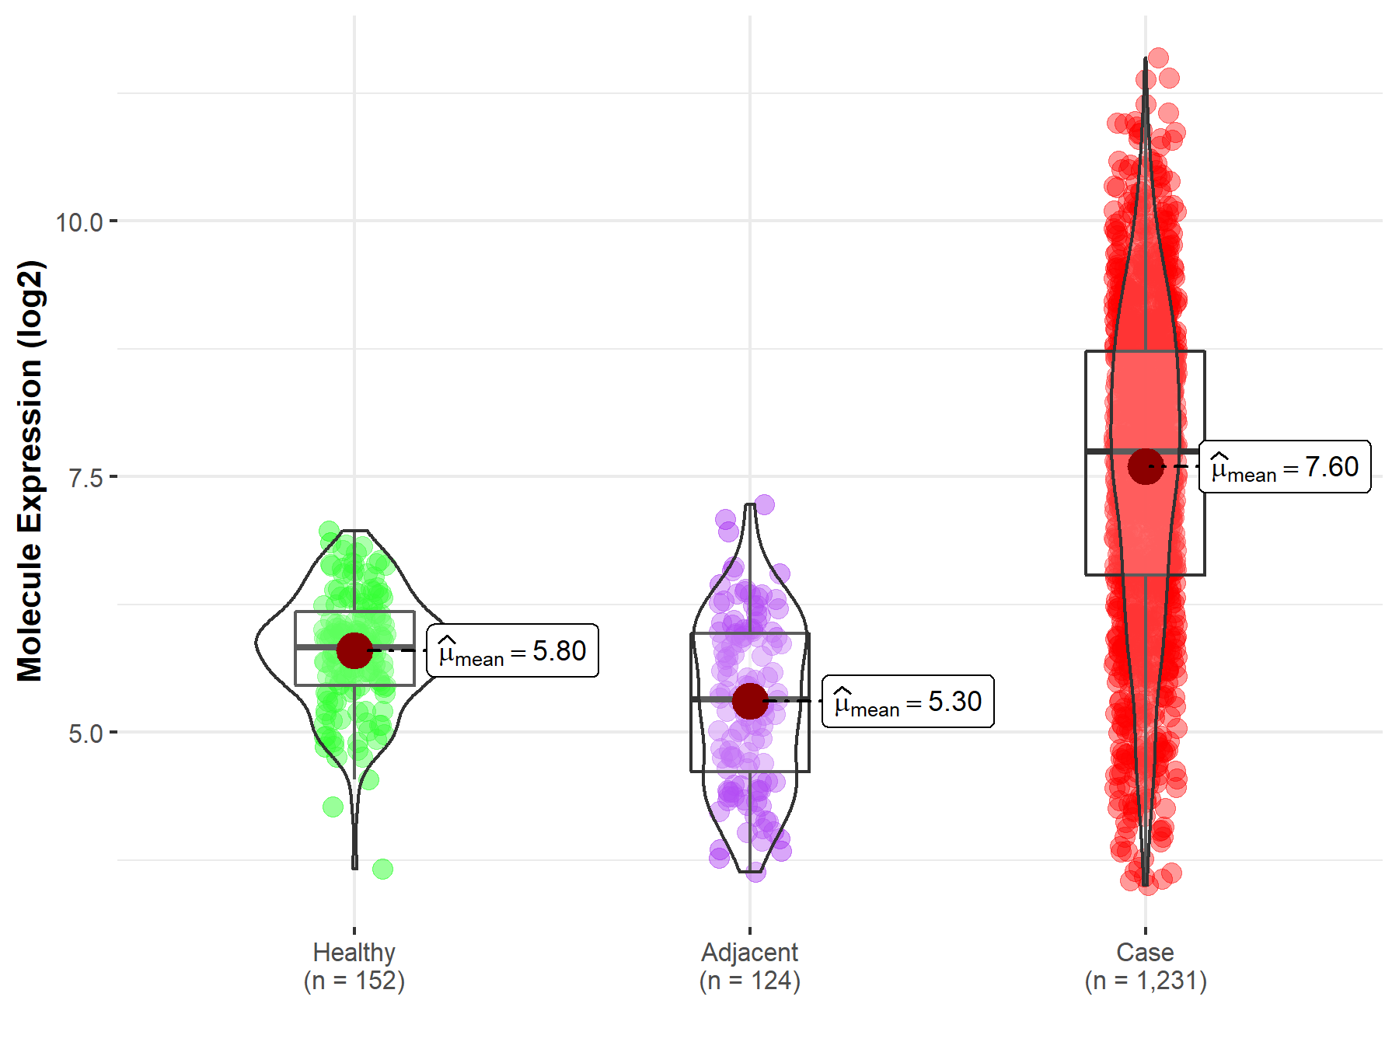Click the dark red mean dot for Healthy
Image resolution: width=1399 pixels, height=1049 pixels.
(354, 650)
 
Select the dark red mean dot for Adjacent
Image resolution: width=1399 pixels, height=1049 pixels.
(750, 701)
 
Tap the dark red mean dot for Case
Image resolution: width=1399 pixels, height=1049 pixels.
(1146, 466)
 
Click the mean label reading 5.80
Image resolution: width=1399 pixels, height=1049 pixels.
(513, 651)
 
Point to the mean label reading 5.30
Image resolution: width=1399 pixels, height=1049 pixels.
(908, 702)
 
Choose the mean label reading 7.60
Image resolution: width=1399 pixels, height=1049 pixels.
(1285, 467)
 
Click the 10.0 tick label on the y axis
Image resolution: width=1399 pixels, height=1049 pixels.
(79, 222)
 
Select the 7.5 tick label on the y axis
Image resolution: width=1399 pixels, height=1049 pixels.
(85, 478)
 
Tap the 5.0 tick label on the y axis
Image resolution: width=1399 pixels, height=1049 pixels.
(85, 734)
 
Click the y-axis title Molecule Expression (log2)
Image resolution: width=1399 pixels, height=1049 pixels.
(30, 471)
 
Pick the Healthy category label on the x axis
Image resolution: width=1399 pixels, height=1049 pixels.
(354, 952)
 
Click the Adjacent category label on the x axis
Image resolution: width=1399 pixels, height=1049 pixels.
(750, 952)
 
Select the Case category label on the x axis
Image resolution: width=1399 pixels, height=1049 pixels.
(1145, 952)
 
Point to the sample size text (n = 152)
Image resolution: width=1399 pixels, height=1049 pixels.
(354, 981)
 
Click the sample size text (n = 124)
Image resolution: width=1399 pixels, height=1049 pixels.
(750, 981)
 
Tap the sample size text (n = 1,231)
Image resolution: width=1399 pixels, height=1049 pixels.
(1146, 981)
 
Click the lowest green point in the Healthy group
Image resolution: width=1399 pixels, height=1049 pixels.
(382, 869)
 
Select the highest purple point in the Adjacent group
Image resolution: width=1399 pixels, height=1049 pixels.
(764, 504)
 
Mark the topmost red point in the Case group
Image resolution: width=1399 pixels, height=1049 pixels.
(1158, 58)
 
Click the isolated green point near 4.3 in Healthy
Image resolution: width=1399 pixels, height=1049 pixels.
(333, 807)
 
